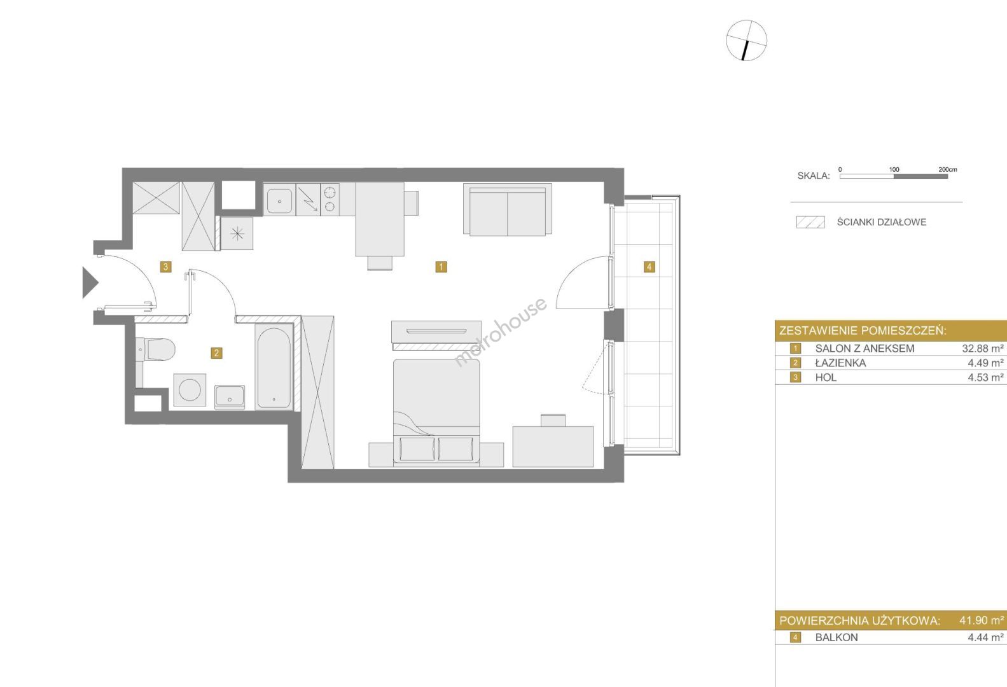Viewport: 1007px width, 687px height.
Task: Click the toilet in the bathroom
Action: click(x=155, y=350)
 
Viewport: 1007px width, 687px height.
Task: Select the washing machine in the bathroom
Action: click(x=190, y=390)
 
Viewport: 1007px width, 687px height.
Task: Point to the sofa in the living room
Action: click(x=508, y=209)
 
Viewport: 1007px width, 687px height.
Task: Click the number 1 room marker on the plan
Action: click(x=441, y=267)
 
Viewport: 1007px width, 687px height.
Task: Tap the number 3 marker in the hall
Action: click(x=165, y=267)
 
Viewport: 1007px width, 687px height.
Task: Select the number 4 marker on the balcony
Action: click(x=649, y=267)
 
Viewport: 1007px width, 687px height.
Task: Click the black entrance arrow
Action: click(x=90, y=282)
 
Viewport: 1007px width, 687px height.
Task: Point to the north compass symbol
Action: click(x=746, y=41)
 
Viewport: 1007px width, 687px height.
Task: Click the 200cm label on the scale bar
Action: click(x=948, y=169)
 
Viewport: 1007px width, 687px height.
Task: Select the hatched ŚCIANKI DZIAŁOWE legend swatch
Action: click(x=810, y=222)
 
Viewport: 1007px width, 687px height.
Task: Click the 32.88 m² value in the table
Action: click(x=983, y=348)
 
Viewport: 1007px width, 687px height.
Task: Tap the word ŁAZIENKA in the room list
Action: click(x=840, y=363)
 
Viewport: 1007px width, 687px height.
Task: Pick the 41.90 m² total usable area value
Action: click(x=982, y=620)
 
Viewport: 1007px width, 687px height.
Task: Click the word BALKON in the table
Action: click(x=836, y=637)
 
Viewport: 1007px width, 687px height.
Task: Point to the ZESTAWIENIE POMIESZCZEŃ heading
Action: click(x=863, y=331)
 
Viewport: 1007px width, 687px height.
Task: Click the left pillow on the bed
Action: click(x=417, y=448)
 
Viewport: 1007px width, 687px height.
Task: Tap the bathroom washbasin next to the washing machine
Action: click(x=230, y=396)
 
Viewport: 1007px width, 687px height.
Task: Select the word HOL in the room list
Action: click(x=826, y=377)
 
